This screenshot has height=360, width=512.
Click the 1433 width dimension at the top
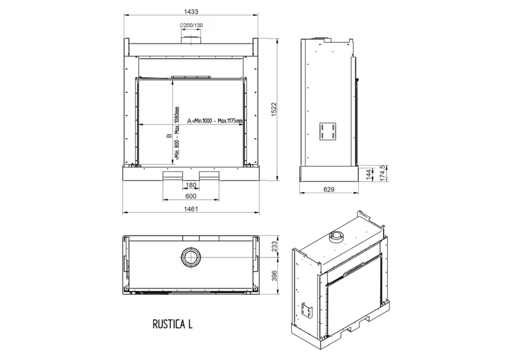pyautogui.click(x=191, y=12)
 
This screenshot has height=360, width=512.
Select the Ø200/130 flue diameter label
pyautogui.click(x=191, y=25)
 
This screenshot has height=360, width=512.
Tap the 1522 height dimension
pyautogui.click(x=274, y=110)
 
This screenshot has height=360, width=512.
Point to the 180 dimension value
pyautogui.click(x=191, y=185)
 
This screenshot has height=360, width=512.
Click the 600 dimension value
pyautogui.click(x=191, y=196)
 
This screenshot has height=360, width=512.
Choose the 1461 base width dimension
pyautogui.click(x=191, y=209)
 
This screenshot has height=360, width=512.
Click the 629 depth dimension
pyautogui.click(x=329, y=189)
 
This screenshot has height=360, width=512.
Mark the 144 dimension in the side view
pyautogui.click(x=369, y=175)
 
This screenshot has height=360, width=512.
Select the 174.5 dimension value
pyautogui.click(x=383, y=173)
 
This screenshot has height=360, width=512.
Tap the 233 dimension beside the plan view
pyautogui.click(x=274, y=246)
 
